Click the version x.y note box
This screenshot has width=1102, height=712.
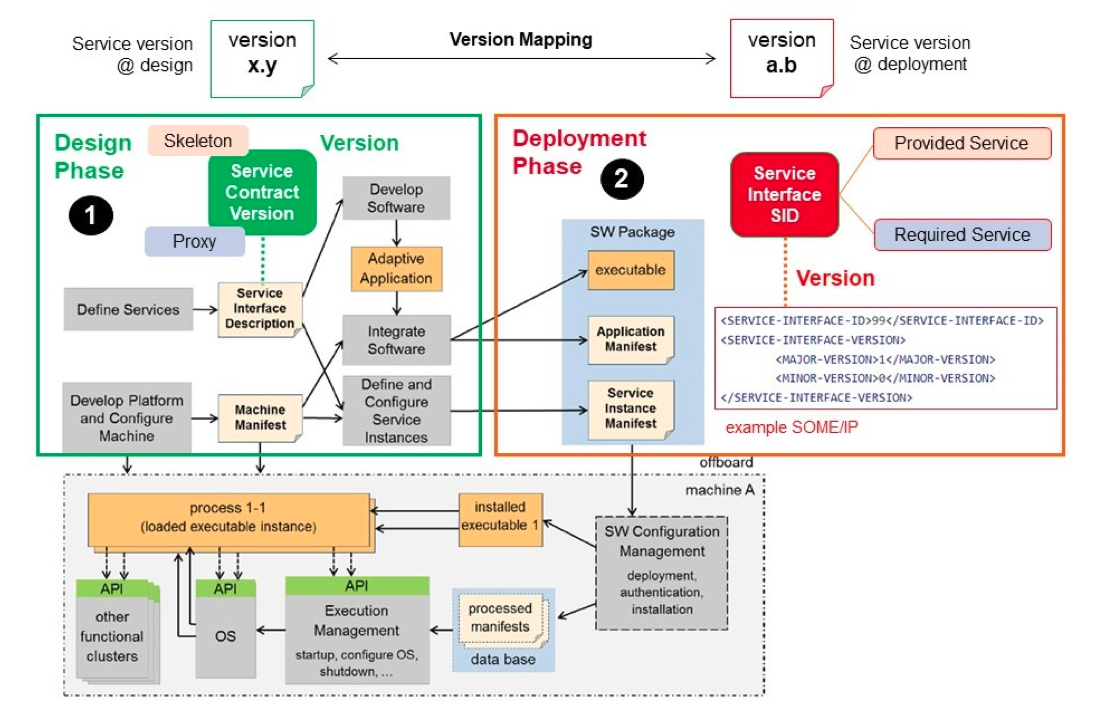click(x=262, y=59)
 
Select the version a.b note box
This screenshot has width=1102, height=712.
click(x=781, y=59)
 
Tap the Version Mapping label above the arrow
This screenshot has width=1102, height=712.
click(x=521, y=40)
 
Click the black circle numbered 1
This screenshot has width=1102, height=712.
click(x=90, y=215)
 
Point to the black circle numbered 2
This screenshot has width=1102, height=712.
click(x=621, y=178)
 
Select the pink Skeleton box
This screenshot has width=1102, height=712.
click(x=198, y=141)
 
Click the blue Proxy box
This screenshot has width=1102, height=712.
click(x=194, y=241)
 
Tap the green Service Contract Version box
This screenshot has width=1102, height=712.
click(x=262, y=192)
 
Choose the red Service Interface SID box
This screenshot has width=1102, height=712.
click(x=784, y=195)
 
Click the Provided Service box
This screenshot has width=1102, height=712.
click(x=961, y=143)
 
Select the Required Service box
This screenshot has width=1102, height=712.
click(x=962, y=235)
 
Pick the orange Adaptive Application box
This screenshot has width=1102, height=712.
click(x=396, y=269)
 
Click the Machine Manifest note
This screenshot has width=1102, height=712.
click(x=260, y=417)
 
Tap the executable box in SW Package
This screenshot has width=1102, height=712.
click(x=630, y=270)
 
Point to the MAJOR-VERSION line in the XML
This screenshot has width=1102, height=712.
click(x=885, y=359)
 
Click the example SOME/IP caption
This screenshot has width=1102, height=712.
click(x=791, y=427)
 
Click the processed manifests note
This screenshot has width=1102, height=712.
click(x=501, y=617)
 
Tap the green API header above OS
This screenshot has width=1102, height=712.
click(x=225, y=588)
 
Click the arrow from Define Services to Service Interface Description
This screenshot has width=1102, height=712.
click(x=205, y=309)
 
